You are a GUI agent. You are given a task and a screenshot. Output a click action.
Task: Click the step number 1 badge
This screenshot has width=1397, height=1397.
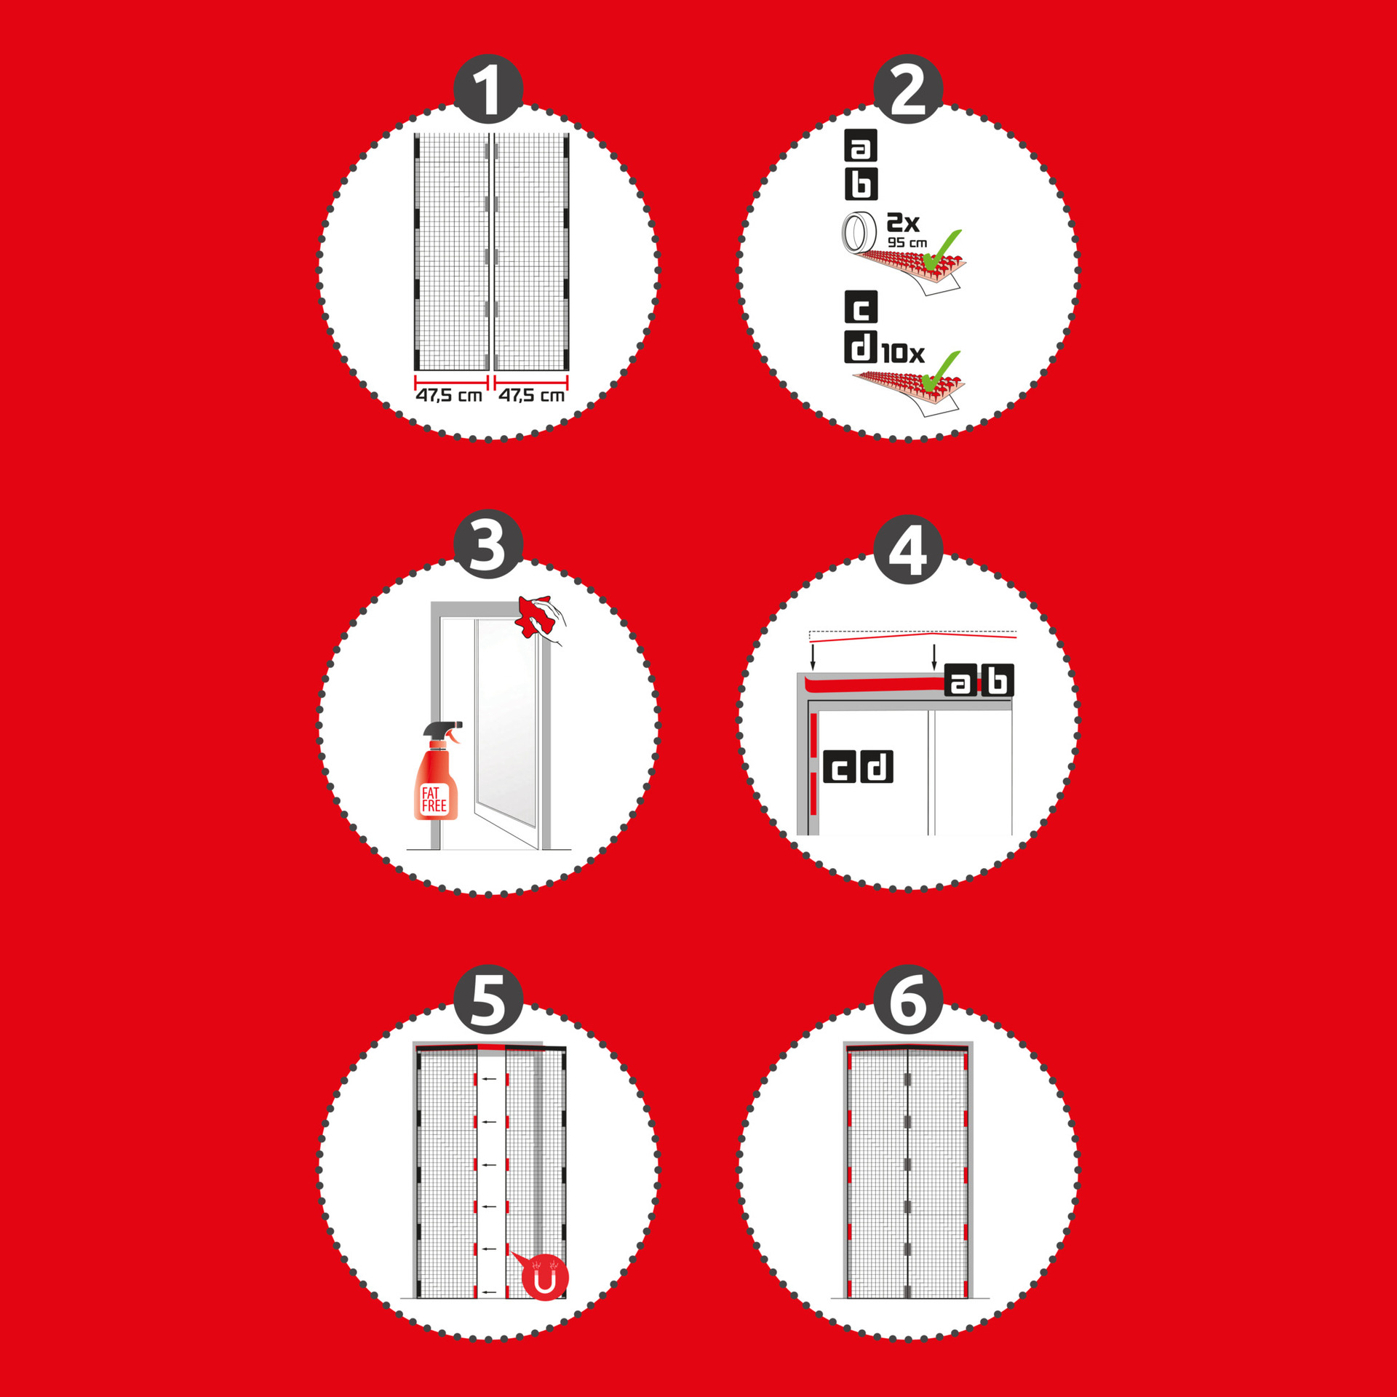[488, 89]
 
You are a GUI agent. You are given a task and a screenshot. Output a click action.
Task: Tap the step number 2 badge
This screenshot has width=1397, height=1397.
[908, 89]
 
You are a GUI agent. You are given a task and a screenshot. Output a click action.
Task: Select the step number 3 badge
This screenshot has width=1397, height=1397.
[488, 544]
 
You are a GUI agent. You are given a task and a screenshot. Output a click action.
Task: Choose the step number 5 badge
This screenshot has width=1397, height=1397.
[488, 1000]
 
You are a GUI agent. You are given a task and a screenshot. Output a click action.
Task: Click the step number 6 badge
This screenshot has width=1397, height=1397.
[908, 1000]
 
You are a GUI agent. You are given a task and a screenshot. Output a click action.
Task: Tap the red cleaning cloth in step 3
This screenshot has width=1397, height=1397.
[534, 616]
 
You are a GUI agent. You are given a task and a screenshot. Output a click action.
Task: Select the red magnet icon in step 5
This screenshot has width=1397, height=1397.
[544, 1278]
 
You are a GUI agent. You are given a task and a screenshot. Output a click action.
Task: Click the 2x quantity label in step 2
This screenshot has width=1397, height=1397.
[903, 222]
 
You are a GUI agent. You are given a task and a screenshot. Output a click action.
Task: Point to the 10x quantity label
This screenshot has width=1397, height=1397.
[903, 354]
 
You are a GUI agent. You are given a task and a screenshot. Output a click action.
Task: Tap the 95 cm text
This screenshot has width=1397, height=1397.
[907, 242]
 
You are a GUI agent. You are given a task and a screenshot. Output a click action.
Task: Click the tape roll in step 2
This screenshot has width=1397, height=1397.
[859, 232]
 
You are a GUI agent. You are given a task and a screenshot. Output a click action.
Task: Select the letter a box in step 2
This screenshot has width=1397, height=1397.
[861, 146]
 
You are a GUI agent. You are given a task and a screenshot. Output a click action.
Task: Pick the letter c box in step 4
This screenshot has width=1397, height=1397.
[840, 767]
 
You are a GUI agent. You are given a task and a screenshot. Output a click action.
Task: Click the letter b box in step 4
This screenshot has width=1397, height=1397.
[998, 680]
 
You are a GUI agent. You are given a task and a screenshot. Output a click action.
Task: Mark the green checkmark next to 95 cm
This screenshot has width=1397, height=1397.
[941, 250]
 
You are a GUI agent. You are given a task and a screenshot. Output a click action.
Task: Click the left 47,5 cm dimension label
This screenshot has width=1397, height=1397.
[449, 395]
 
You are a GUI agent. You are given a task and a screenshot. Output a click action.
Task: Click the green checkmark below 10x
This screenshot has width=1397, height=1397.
[941, 371]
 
